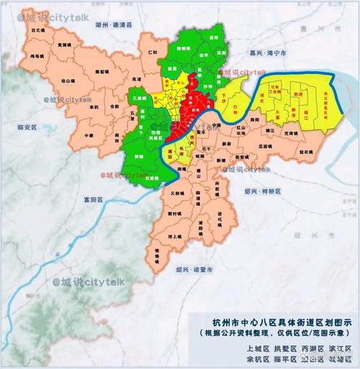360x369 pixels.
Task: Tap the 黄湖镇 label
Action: coord(63,45)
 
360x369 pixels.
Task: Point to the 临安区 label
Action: coord(26,127)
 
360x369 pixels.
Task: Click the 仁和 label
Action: coord(152,53)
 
